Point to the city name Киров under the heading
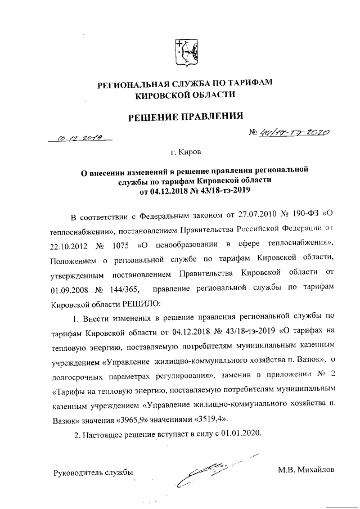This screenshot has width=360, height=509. coord(187,152)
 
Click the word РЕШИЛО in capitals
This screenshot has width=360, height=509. coord(126,302)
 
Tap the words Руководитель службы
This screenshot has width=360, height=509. coord(93,471)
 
